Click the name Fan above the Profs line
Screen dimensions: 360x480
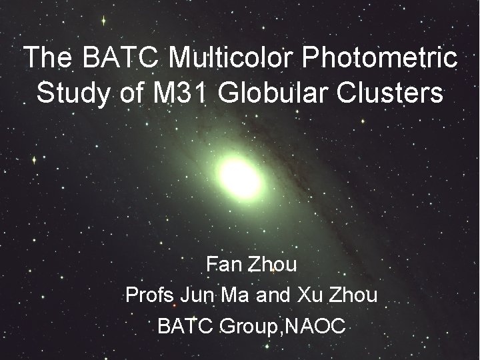223,265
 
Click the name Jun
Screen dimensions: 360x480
198,295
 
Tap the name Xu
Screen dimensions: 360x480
309,295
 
